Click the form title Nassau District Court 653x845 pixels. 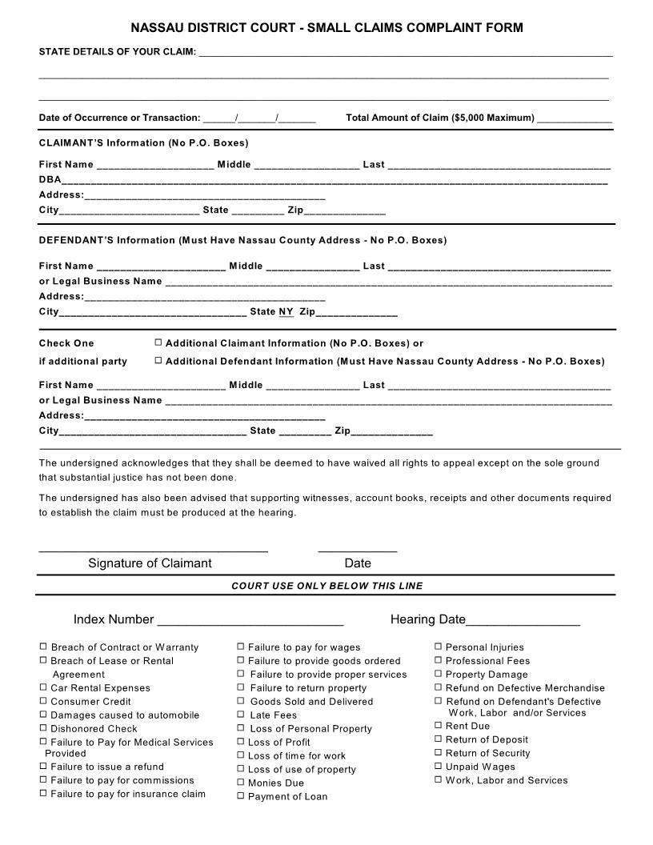click(326, 28)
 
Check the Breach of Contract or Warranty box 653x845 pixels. click(43, 647)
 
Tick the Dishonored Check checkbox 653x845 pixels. click(43, 728)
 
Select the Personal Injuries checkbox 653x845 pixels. click(439, 647)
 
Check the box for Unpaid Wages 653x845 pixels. click(439, 767)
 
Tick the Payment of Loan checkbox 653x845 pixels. click(241, 796)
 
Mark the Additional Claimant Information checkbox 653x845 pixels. click(158, 342)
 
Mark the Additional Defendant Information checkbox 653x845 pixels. click(158, 361)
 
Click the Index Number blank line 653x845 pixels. click(250, 620)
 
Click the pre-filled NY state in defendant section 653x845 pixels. click(286, 311)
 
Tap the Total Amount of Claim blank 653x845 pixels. click(575, 118)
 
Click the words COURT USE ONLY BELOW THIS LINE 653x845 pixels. click(326, 586)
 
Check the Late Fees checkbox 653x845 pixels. click(241, 715)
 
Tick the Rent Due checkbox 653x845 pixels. click(439, 726)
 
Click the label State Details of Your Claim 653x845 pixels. click(118, 52)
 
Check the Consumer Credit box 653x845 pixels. click(43, 701)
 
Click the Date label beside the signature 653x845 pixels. click(358, 563)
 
